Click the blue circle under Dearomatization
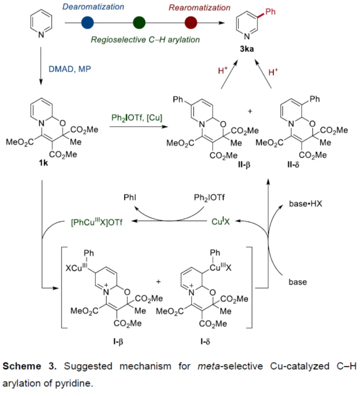(88, 23)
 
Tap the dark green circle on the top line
(139, 23)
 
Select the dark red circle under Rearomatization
(191, 23)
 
